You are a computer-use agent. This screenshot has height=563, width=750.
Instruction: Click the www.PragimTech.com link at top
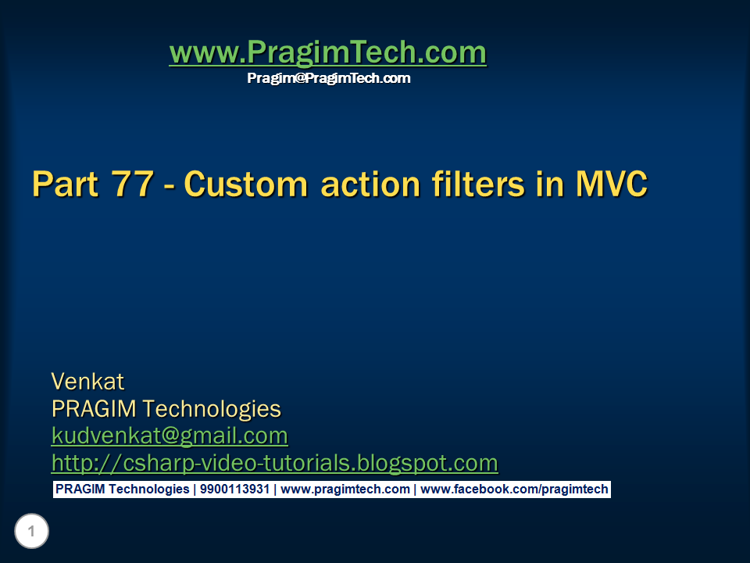click(327, 52)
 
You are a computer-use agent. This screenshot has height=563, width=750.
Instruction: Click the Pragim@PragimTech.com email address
click(328, 78)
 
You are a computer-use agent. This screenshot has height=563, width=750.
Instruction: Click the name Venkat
click(87, 382)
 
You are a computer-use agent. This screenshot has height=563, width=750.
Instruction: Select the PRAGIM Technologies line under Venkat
click(166, 409)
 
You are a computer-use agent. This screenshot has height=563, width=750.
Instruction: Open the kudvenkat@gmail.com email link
click(170, 436)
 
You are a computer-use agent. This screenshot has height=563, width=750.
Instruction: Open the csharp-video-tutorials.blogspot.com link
click(274, 463)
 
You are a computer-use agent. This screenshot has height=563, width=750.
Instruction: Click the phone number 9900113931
click(234, 489)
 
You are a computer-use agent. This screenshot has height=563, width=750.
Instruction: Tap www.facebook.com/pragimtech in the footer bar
click(514, 489)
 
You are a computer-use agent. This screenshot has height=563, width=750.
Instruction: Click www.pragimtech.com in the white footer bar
click(345, 489)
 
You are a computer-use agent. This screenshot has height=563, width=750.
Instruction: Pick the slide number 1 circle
click(31, 533)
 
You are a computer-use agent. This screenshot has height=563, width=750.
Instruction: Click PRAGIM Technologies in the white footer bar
click(122, 489)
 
